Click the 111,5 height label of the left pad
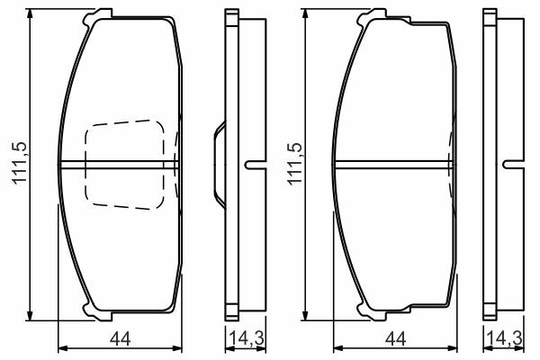pos(20,162)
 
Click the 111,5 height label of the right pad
pos(295,164)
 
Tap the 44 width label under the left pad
pos(121,339)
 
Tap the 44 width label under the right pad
pos(396,339)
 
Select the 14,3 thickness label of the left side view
pos(247,338)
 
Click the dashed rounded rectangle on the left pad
pos(125,165)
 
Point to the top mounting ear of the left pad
pos(97,16)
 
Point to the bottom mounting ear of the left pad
pos(97,313)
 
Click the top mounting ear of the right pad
pos(373,16)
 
